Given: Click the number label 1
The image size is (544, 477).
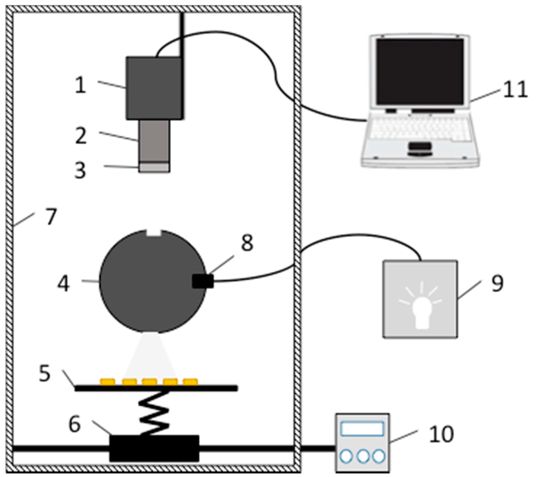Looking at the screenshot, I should click(80, 85).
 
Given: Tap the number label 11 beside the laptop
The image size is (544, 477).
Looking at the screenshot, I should click(515, 89).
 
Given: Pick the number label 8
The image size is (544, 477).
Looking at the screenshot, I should click(246, 243).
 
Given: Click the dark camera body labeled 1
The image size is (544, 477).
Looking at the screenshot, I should click(154, 88).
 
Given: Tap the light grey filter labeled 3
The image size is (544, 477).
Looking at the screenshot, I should click(155, 168).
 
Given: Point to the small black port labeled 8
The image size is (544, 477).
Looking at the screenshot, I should click(203, 281).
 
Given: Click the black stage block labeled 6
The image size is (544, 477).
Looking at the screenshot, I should click(154, 448).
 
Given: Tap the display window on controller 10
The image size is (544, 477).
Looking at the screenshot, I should click(362, 429).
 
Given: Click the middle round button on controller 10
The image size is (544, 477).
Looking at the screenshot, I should click(363, 456).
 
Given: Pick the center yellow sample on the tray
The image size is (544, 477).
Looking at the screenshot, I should click(150, 381).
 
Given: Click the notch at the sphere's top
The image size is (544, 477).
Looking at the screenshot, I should click(154, 233).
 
